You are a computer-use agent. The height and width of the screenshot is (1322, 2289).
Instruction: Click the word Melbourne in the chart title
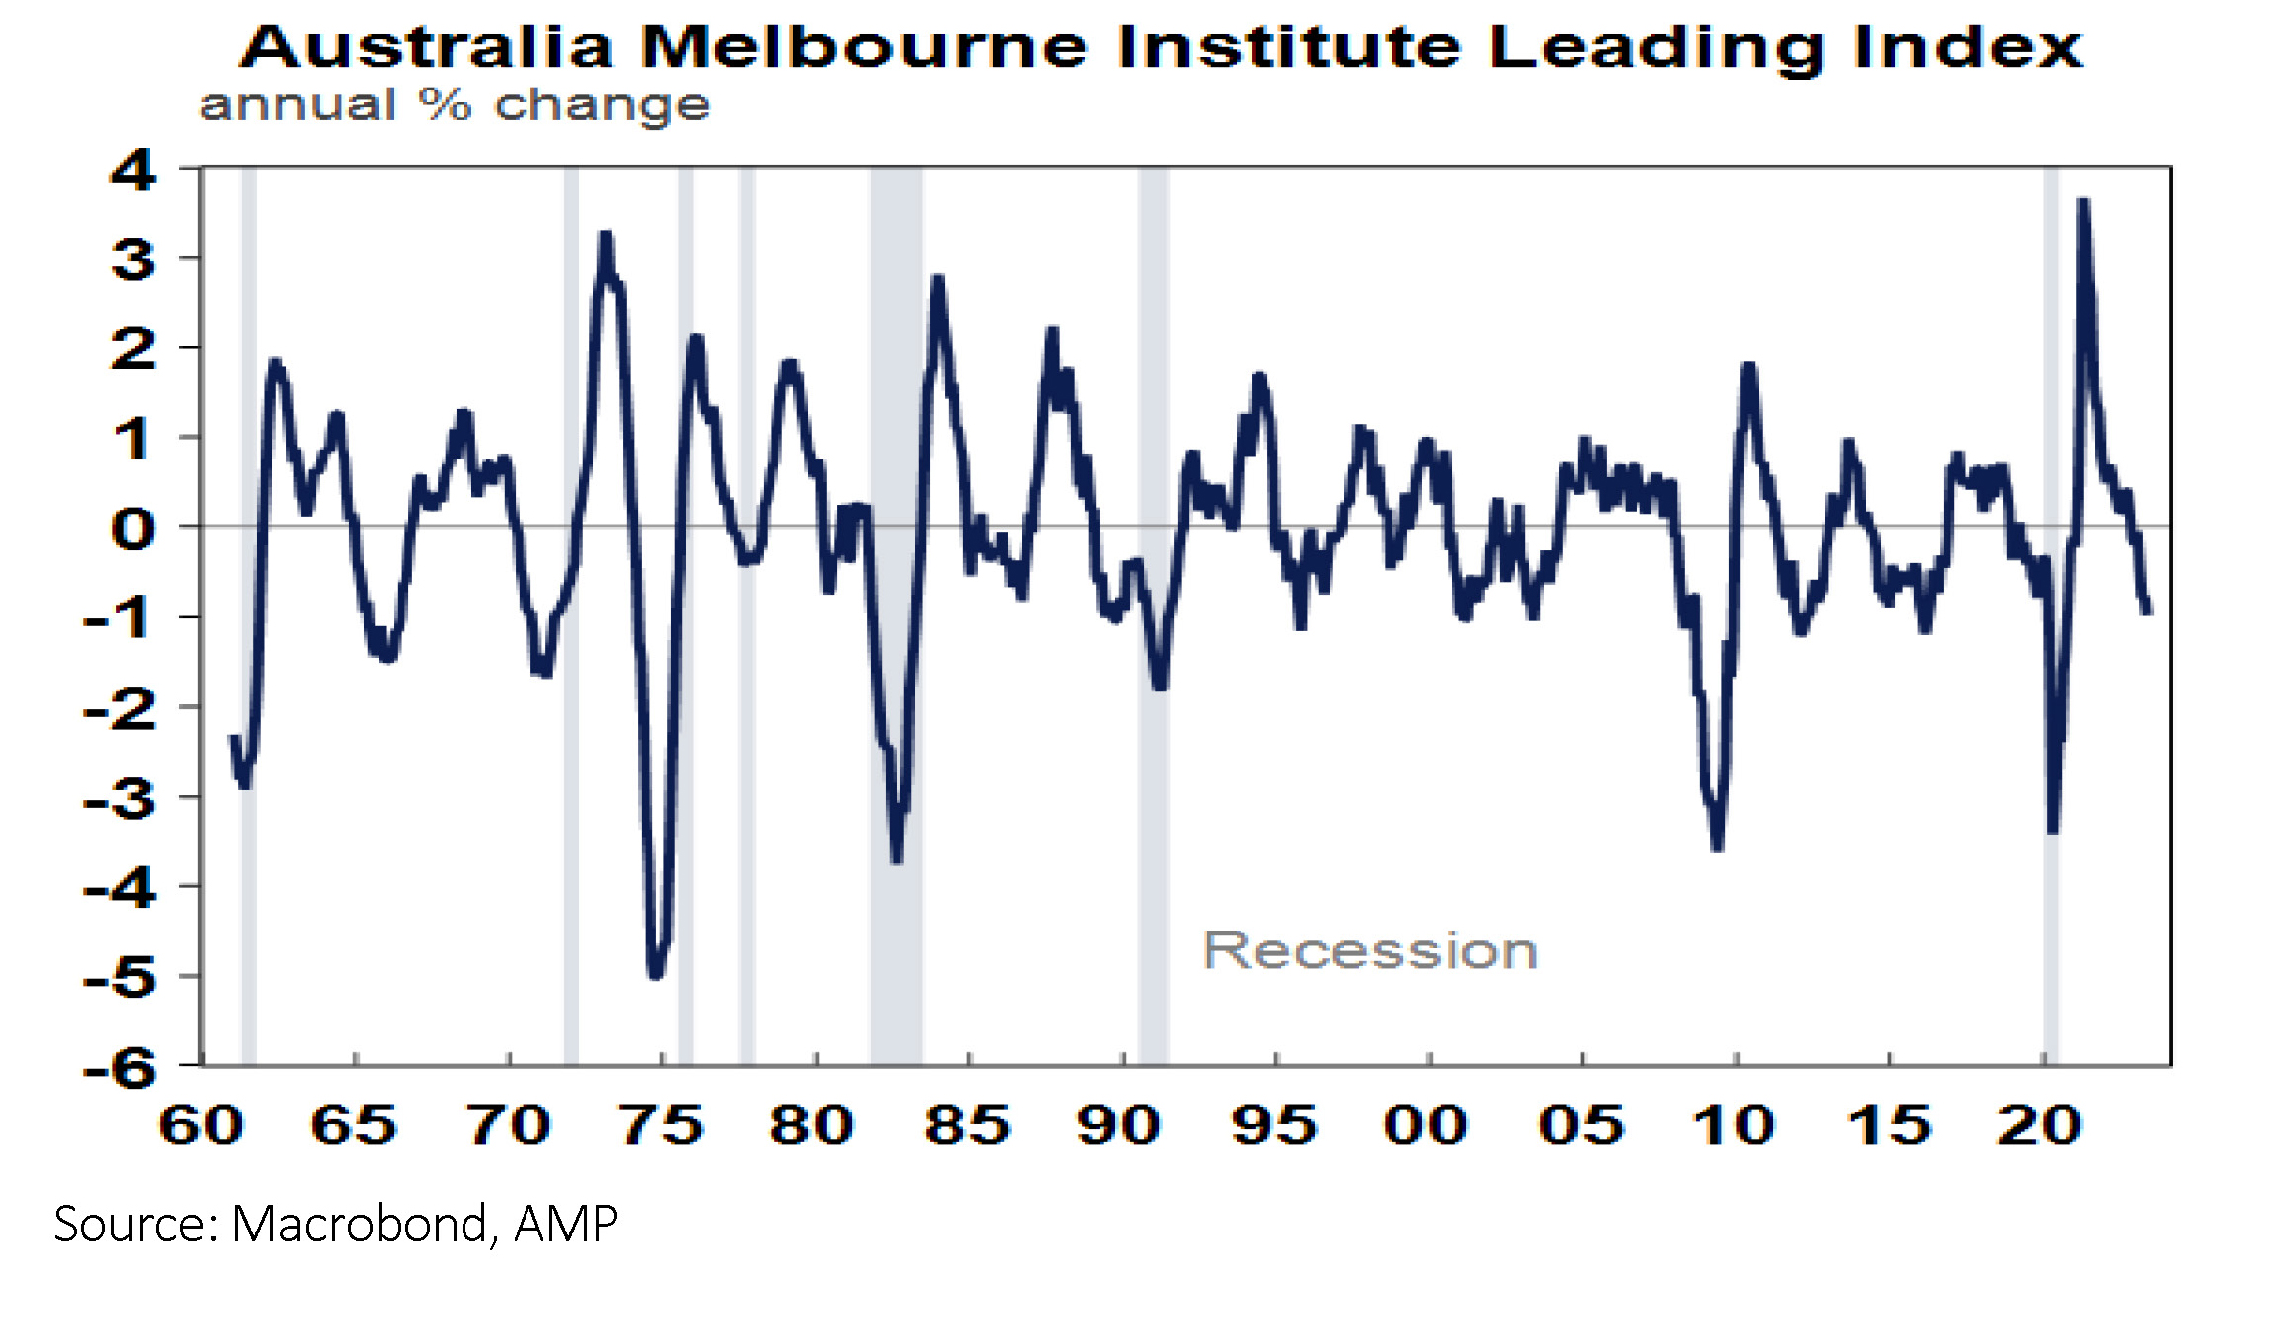tap(863, 46)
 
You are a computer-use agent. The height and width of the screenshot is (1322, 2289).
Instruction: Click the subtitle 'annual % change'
tap(454, 105)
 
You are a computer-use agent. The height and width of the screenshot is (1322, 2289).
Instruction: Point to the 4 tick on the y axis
tap(134, 170)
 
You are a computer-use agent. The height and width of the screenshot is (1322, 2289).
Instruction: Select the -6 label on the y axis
tap(120, 1067)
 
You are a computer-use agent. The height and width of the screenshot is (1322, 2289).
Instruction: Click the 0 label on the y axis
tap(134, 529)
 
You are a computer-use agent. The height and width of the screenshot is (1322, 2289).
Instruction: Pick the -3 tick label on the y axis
tap(120, 799)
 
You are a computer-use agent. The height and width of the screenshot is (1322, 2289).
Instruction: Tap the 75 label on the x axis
tap(661, 1125)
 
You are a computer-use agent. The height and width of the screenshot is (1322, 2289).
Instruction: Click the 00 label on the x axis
tap(1426, 1125)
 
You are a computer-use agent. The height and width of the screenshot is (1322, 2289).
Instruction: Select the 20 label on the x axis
tap(2039, 1125)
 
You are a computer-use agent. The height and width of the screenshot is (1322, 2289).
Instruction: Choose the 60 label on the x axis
tap(202, 1125)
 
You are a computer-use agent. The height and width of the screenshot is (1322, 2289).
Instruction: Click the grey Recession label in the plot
tap(1369, 950)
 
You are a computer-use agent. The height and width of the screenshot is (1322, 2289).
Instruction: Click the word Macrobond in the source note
tap(358, 1225)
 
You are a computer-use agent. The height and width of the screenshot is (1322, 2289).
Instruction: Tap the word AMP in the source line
tap(566, 1225)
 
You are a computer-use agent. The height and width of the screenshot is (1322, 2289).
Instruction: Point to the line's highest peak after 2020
tap(2083, 202)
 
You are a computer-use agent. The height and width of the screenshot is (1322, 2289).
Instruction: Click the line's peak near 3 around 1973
tap(605, 236)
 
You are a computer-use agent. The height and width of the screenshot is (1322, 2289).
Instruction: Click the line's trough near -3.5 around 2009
tap(1717, 846)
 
